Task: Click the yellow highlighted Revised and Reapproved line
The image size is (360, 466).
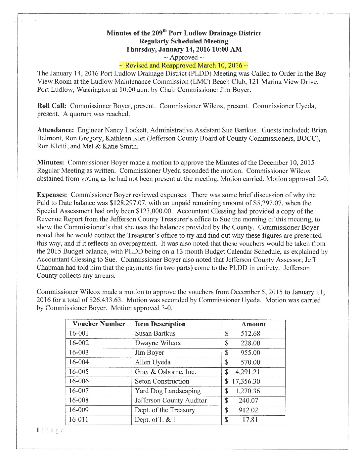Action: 183,66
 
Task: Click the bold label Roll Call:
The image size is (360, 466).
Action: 52,106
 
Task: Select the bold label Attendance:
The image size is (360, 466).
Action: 55,130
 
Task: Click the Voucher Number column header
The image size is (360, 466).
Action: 99,324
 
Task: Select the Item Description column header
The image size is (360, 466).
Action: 160,324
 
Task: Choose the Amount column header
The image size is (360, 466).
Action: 253,324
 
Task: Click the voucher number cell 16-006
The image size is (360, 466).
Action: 79,381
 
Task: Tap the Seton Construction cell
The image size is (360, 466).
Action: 162,381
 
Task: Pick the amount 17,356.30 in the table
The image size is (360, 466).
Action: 246,382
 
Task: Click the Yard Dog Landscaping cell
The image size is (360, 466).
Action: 168,391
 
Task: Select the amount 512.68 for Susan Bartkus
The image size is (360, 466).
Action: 250,334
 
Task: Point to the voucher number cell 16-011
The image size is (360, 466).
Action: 79,420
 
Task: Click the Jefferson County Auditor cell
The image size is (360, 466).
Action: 171,400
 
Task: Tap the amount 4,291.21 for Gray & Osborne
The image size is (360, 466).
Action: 247,372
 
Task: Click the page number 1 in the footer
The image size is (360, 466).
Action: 38,430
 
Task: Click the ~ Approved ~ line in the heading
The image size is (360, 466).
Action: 183,58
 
